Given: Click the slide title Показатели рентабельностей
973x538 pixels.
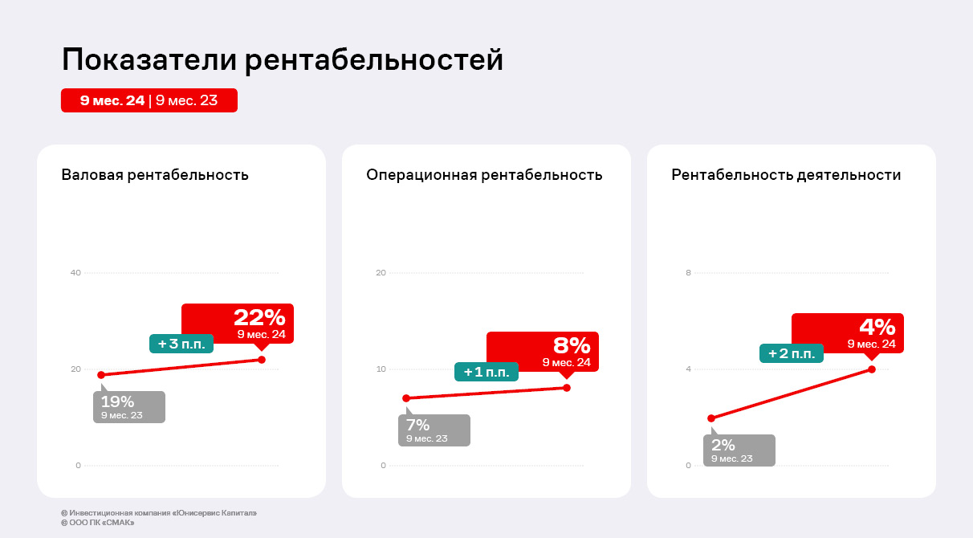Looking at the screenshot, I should tap(283, 60).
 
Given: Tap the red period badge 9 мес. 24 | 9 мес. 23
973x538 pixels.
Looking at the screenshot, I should tap(149, 100).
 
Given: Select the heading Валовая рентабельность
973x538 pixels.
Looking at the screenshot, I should tap(155, 175).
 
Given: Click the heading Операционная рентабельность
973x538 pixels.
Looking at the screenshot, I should tap(484, 175).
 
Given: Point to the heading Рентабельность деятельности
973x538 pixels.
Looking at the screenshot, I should tap(786, 175).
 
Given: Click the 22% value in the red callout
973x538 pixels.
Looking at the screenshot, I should tap(259, 318).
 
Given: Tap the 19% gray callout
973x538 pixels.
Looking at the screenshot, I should tap(129, 406).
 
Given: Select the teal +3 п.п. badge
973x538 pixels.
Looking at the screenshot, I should tap(181, 344).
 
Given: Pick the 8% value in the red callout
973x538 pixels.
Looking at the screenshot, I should tap(572, 346).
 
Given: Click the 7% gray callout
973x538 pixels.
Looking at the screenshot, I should tap(434, 430).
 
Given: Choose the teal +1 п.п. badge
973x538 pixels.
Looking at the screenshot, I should tap(486, 372).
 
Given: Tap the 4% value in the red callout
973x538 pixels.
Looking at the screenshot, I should tap(877, 327).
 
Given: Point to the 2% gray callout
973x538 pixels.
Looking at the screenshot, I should tap(739, 450).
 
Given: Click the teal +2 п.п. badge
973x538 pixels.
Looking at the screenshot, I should tap(792, 353).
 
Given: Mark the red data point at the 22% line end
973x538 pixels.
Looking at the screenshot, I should tap(262, 359).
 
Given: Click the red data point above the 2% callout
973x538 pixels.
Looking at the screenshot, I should tap(711, 418).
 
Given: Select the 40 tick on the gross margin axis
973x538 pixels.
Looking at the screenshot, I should tap(76, 273).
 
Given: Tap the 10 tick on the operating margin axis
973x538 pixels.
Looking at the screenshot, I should tap(381, 369).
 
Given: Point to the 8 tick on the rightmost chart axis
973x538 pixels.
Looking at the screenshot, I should tap(688, 273).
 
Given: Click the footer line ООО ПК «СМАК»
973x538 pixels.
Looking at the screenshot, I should tap(97, 523).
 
